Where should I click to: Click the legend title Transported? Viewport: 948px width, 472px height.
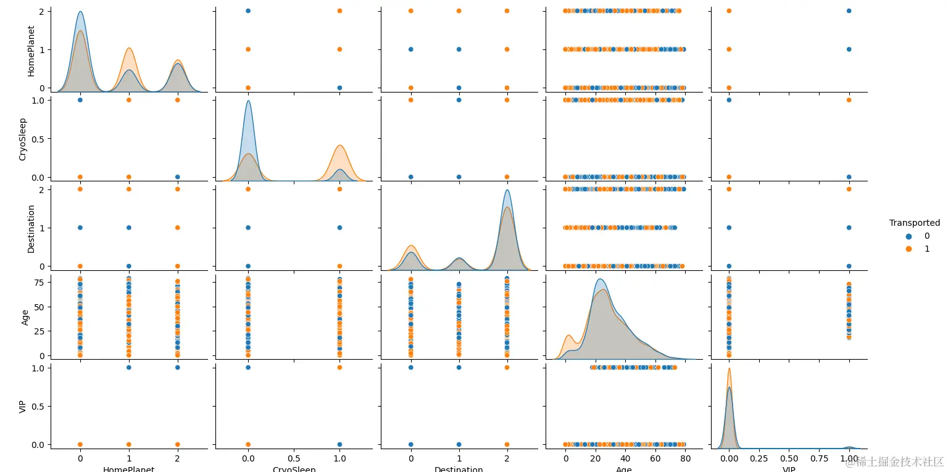pyautogui.click(x=914, y=223)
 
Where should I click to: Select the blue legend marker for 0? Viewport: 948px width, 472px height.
pyautogui.click(x=908, y=236)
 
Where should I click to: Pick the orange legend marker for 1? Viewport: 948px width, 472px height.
pyautogui.click(x=908, y=249)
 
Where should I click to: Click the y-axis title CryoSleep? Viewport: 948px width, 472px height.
pyautogui.click(x=23, y=138)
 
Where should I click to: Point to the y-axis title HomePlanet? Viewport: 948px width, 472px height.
pyautogui.click(x=31, y=49)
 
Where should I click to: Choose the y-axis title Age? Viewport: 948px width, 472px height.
pyautogui.click(x=25, y=317)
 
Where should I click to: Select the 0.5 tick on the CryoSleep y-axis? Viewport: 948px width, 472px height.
pyautogui.click(x=37, y=138)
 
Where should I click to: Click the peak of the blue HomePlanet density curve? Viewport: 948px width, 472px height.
pyautogui.click(x=80, y=12)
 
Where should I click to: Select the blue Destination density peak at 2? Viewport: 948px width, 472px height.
pyautogui.click(x=507, y=189)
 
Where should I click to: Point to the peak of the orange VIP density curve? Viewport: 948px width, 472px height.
pyautogui.click(x=730, y=369)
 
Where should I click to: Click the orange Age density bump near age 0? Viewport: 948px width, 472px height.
pyautogui.click(x=569, y=336)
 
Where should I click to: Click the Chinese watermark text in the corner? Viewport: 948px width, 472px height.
pyautogui.click(x=895, y=462)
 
